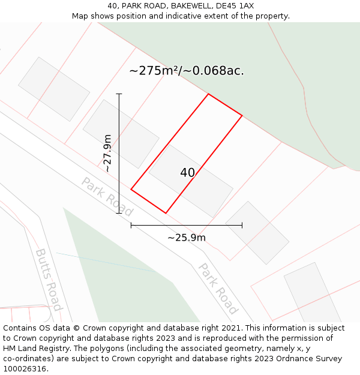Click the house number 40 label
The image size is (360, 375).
[x=187, y=173]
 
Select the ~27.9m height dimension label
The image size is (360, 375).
[x=107, y=153]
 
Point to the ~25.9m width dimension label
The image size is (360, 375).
[x=187, y=238]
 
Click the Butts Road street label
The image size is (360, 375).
[x=48, y=280]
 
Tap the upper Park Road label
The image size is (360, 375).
[x=107, y=197]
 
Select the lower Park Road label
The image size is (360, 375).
[x=218, y=289]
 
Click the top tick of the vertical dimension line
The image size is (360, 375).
[x=119, y=94]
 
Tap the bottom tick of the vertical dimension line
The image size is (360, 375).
[x=119, y=213]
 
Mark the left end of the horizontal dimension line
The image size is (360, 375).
[x=131, y=226]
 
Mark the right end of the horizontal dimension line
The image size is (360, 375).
[x=242, y=226]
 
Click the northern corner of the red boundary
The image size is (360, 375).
[x=208, y=94]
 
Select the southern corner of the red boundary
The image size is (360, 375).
[x=166, y=213]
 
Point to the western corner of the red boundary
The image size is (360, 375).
[x=131, y=190]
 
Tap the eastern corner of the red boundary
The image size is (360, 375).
[x=242, y=116]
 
